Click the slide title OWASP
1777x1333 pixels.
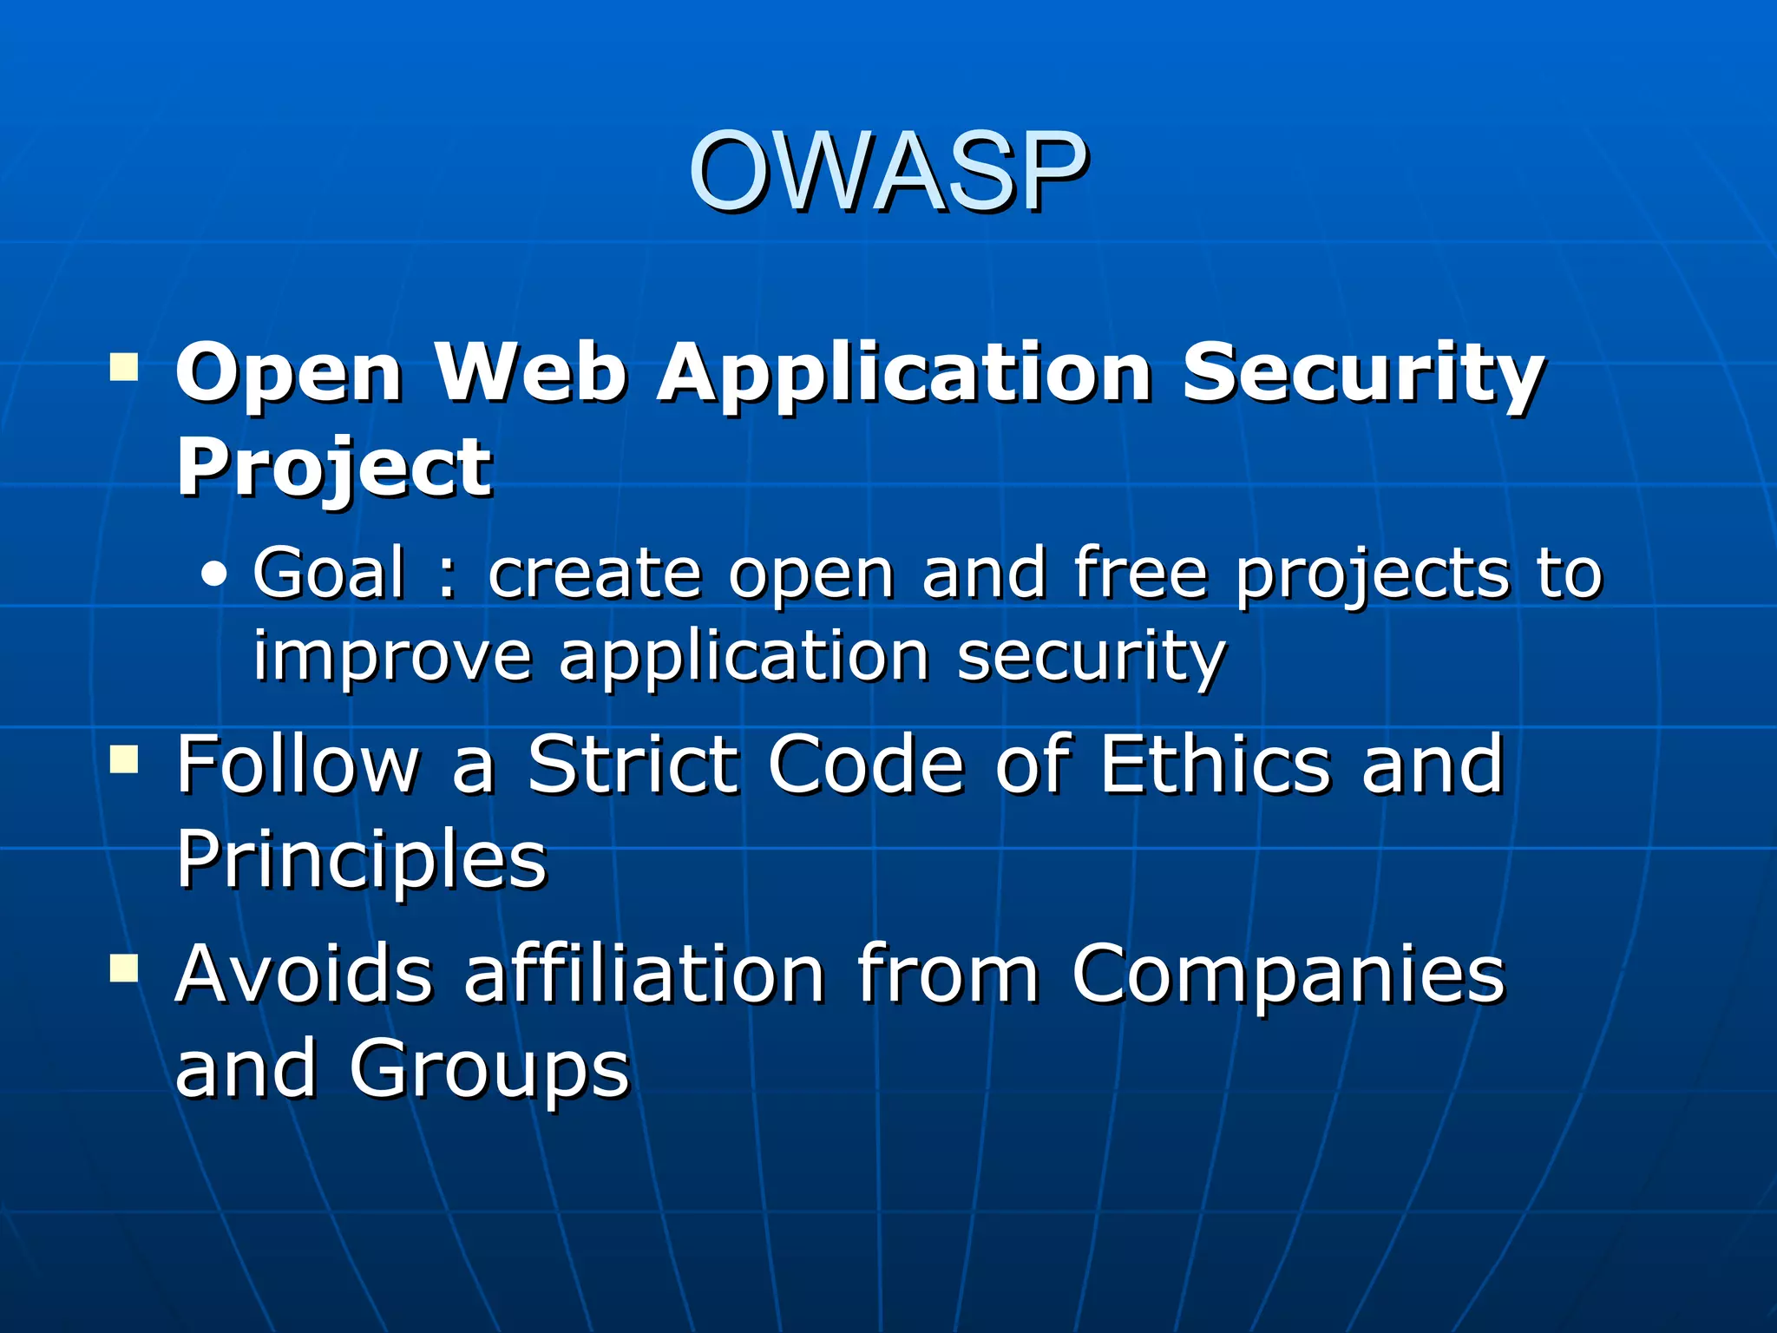pyautogui.click(x=887, y=171)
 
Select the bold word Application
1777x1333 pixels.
pyautogui.click(x=903, y=375)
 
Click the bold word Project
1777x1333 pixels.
pyautogui.click(x=334, y=469)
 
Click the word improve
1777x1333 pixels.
pyautogui.click(x=391, y=656)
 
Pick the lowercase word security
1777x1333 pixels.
pyautogui.click(x=1091, y=656)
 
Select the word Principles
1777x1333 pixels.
pyautogui.click(x=361, y=860)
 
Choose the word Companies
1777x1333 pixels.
pyautogui.click(x=1288, y=975)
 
